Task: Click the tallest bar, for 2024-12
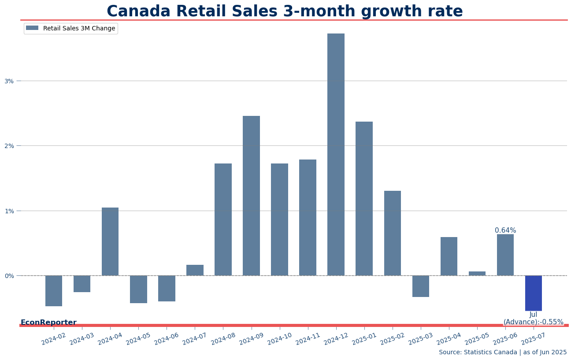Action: [x=336, y=154]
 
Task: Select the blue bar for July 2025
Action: [x=533, y=293]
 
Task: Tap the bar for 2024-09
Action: [x=251, y=196]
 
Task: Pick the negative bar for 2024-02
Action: [x=54, y=291]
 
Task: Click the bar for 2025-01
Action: [x=364, y=198]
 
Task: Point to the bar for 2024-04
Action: [x=110, y=241]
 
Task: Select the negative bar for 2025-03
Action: [x=421, y=286]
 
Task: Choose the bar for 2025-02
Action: [x=392, y=233]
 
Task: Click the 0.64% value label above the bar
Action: [x=505, y=230]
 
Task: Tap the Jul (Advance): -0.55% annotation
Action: [x=533, y=319]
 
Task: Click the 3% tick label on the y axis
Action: [x=9, y=81]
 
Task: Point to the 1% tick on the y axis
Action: [x=9, y=211]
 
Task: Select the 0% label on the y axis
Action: [x=9, y=276]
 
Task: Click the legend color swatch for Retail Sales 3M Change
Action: [x=32, y=28]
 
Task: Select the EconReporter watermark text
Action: [x=48, y=323]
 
